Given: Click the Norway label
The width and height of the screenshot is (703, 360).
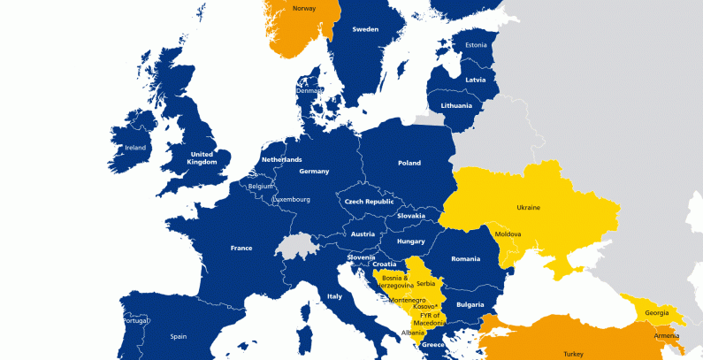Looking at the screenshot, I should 303,10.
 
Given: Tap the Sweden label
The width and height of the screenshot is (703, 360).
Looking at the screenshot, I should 365,29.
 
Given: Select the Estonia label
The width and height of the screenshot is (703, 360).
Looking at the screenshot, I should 476,44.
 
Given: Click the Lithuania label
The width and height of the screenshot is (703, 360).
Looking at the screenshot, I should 456,105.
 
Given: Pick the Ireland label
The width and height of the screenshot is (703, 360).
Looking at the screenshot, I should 135,148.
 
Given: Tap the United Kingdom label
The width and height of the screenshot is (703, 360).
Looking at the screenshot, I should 202,157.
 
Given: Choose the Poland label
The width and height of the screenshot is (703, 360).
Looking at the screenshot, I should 409,163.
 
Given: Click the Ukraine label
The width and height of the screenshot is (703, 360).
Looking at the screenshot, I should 528,208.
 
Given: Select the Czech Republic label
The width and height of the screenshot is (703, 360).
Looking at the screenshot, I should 369,202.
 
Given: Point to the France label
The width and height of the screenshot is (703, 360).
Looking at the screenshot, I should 241,249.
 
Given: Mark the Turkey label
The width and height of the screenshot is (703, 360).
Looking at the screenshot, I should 572,354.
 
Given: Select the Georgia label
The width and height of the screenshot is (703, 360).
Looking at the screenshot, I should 657,312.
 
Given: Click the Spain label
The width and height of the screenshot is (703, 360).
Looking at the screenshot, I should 179,336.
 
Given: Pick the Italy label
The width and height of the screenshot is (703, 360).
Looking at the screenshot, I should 334,296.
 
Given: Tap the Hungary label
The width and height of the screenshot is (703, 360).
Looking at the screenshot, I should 411,241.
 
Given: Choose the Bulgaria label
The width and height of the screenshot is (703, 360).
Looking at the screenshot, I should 470,304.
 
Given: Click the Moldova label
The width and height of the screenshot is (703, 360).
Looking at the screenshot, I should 508,234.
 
